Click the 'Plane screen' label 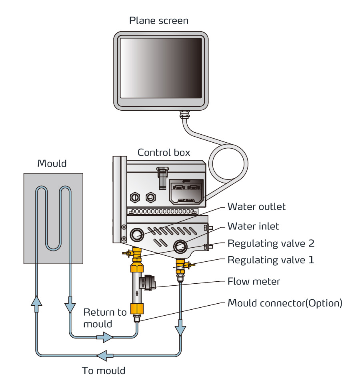pos(159,20)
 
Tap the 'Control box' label pos(164,153)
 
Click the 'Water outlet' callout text pos(256,207)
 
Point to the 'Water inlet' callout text pos(253,226)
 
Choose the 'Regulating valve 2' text pos(271,243)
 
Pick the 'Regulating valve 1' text pos(271,260)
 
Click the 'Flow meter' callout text pos(254,281)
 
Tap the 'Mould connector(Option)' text pos(285,303)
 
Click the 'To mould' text pos(104,370)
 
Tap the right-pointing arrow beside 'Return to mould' pos(105,338)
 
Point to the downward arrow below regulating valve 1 pos(181,330)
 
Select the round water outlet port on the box pos(137,234)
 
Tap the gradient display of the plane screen pos(161,68)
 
